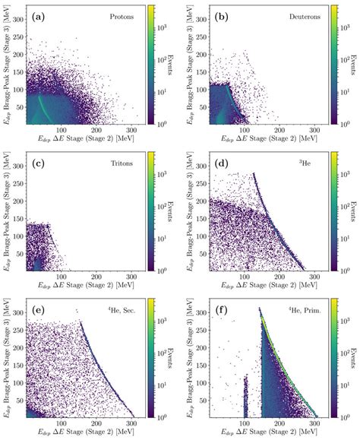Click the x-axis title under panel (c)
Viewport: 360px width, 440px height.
[90, 286]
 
